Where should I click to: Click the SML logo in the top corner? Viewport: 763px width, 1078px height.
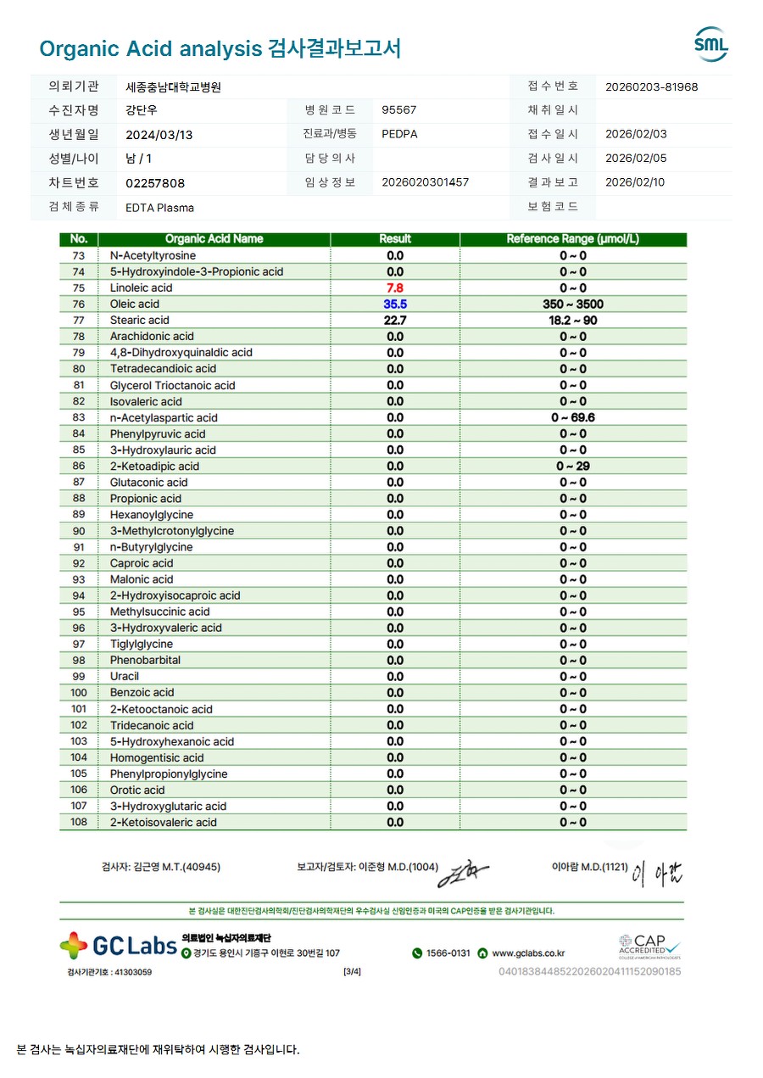[710, 44]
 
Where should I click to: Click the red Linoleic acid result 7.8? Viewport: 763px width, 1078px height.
[395, 288]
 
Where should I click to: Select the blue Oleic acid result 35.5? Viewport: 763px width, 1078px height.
[395, 304]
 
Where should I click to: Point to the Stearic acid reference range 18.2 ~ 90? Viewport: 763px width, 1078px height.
[572, 320]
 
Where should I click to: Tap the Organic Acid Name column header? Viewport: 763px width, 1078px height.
[214, 239]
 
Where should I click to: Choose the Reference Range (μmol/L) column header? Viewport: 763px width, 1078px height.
[572, 239]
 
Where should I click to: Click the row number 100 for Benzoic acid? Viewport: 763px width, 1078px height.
[79, 693]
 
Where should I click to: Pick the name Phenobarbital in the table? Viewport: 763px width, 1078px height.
[145, 661]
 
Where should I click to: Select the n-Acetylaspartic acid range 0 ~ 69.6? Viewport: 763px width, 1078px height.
[572, 417]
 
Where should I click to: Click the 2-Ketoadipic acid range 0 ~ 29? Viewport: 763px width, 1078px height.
[572, 466]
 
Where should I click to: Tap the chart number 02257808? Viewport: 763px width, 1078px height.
[154, 183]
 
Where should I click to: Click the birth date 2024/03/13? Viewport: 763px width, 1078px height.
[159, 135]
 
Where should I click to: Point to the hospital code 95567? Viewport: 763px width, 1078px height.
[398, 110]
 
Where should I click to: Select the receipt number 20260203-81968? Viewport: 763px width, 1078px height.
[651, 87]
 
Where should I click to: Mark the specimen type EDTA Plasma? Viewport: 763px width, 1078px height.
[159, 208]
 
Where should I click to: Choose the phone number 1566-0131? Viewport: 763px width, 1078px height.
[448, 953]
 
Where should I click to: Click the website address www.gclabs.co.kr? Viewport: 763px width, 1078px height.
[528, 953]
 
